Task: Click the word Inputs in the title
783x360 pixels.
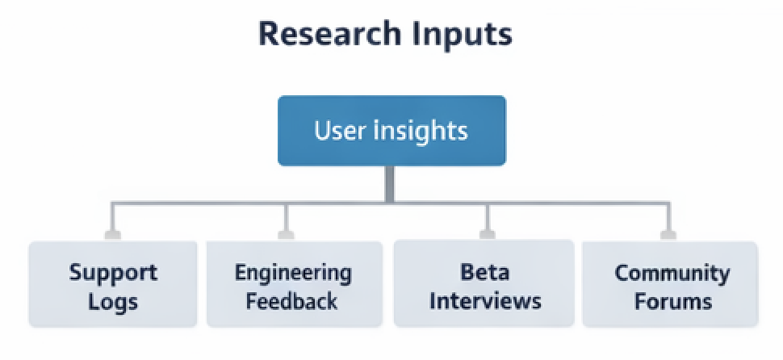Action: [x=469, y=35]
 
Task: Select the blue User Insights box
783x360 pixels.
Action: [x=391, y=131]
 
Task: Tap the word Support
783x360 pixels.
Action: [x=113, y=271]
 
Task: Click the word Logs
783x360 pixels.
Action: [x=113, y=302]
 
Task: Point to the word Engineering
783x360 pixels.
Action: [x=293, y=272]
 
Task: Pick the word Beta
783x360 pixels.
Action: [x=484, y=271]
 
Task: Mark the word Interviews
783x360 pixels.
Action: [x=484, y=301]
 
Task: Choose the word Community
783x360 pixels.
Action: [x=672, y=272]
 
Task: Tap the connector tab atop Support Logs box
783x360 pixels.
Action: [x=112, y=235]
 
